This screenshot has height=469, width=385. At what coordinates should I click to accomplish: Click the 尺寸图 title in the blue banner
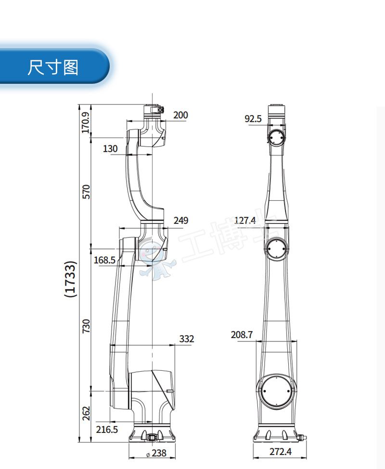[x=53, y=67]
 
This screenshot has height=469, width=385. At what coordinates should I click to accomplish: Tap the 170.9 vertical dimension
[x=86, y=123]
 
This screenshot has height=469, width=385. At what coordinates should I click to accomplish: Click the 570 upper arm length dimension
[x=86, y=192]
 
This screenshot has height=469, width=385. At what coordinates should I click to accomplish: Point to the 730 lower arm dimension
[x=86, y=326]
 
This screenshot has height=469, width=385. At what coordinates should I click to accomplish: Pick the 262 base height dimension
[x=86, y=413]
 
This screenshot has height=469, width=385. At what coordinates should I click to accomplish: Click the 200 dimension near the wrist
[x=180, y=115]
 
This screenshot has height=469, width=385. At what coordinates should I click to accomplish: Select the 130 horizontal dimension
[x=110, y=149]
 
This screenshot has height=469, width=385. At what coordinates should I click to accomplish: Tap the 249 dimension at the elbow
[x=181, y=221]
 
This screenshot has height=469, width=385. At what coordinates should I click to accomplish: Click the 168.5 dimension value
[x=104, y=260]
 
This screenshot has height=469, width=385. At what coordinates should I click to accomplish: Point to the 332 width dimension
[x=186, y=339]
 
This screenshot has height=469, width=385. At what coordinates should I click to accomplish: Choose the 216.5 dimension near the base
[x=107, y=430]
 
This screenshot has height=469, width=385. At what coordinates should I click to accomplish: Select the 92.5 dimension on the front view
[x=253, y=118]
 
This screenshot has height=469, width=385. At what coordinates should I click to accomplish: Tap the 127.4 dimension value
[x=245, y=221]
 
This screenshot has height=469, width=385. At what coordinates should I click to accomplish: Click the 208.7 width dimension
[x=242, y=335]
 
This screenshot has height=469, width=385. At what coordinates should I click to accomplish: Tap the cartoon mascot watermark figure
[x=155, y=260]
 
